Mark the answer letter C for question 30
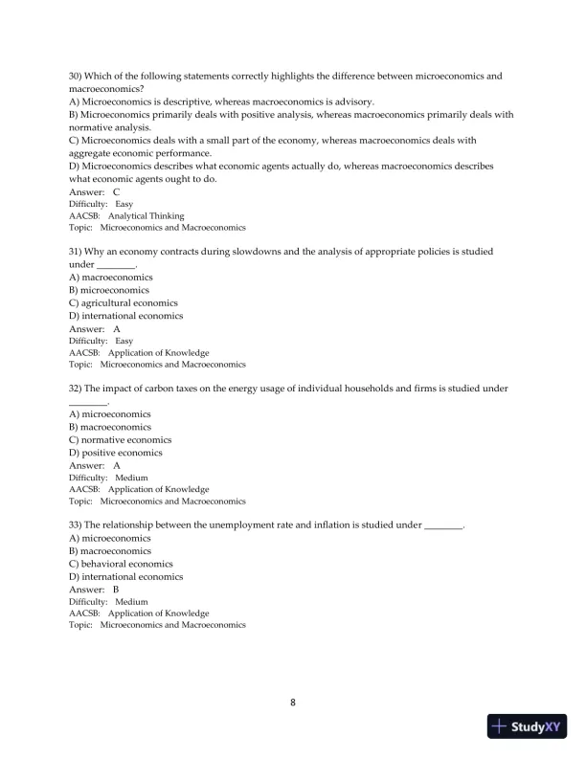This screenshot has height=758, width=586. (x=116, y=191)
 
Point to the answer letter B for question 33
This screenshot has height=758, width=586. (x=116, y=590)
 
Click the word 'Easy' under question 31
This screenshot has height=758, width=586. (x=124, y=341)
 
